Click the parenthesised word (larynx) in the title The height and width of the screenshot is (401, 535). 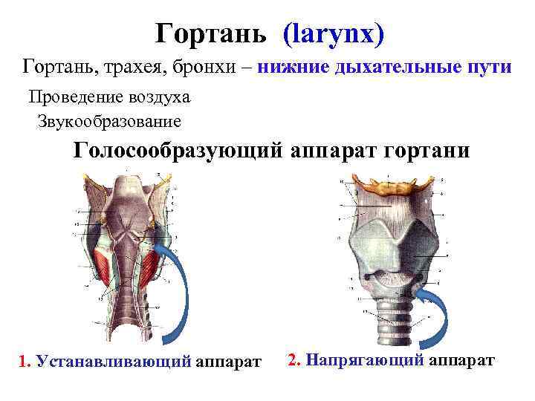point(334,33)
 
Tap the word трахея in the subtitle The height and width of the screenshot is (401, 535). point(131,68)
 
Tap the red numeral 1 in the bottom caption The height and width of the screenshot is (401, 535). point(23,362)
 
